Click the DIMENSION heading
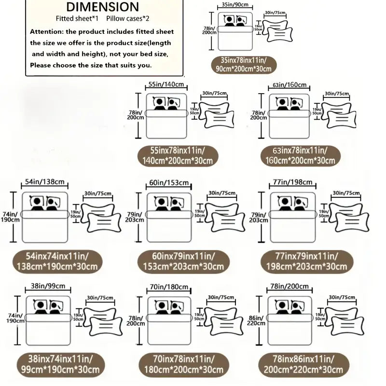coord(102,7)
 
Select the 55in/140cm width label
coord(165,84)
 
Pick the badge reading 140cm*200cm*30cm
coord(178,155)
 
